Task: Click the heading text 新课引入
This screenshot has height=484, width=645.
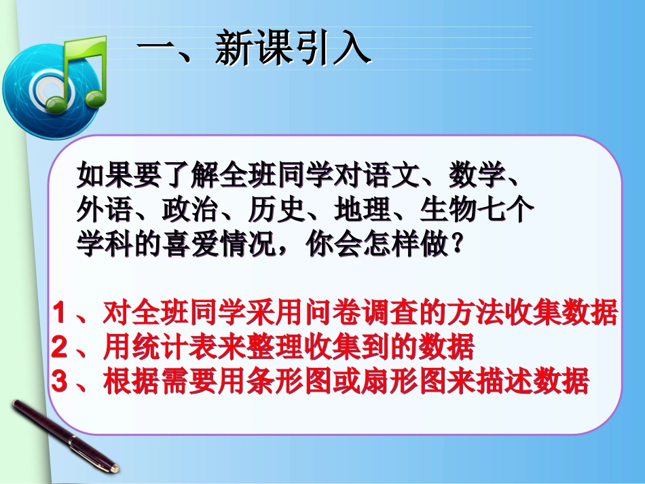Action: pos(293,50)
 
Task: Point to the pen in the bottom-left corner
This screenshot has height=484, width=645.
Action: pos(64,434)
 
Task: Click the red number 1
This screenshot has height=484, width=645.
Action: pos(60,313)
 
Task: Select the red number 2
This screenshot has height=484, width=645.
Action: pos(60,348)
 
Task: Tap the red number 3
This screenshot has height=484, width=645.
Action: pos(60,382)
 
